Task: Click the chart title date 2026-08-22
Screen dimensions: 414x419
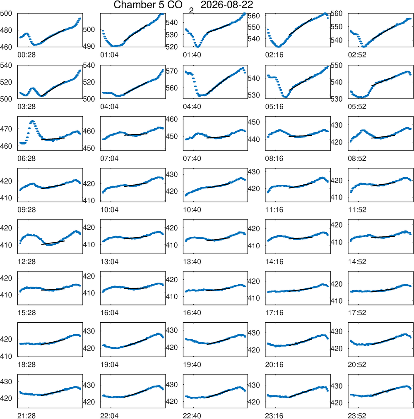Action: (226, 5)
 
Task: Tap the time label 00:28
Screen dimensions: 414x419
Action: (26, 55)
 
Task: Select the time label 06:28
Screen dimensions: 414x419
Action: (26, 158)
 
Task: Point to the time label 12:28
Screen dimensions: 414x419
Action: (26, 262)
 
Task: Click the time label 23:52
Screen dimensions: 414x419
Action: (357, 416)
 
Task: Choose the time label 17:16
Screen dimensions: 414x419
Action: (274, 313)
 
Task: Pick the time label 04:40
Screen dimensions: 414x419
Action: (192, 107)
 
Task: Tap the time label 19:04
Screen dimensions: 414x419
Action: (109, 364)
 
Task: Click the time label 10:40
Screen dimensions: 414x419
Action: (192, 210)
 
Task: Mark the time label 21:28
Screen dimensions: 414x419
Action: (26, 416)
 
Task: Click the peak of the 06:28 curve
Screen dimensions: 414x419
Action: (32, 121)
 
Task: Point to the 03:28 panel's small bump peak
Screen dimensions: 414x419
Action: (33, 88)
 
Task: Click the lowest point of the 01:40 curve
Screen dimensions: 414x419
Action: (197, 47)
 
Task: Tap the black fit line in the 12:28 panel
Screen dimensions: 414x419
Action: (53, 243)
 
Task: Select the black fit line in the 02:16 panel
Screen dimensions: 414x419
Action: (301, 27)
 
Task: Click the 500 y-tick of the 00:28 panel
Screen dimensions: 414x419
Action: (6, 13)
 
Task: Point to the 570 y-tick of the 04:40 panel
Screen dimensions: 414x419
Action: (172, 71)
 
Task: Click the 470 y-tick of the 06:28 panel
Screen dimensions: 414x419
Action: (6, 129)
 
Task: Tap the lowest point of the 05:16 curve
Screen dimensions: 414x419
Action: (286, 97)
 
